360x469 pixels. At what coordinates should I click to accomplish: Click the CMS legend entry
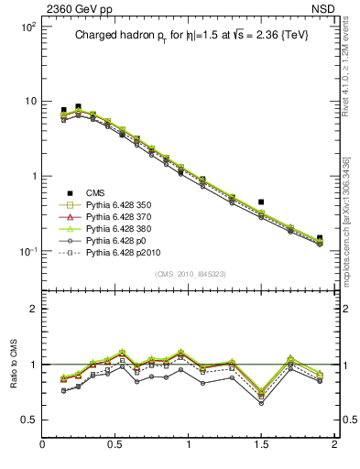pyautogui.click(x=95, y=192)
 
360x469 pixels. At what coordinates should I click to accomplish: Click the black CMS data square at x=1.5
pyautogui.click(x=261, y=202)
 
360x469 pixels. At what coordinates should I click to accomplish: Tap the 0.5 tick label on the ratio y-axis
pyautogui.click(x=27, y=420)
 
